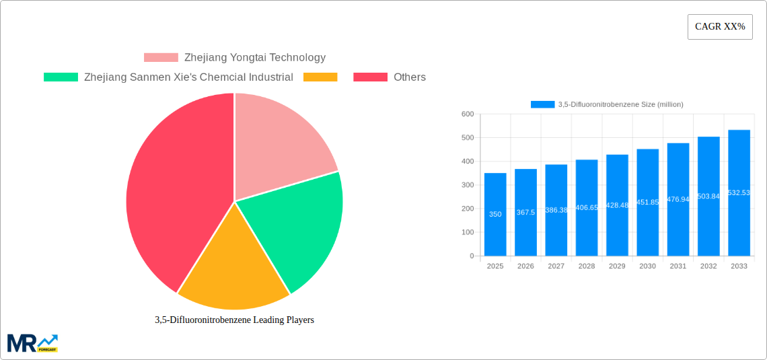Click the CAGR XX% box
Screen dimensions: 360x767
pos(720,27)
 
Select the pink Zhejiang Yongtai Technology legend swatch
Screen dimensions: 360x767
pos(161,58)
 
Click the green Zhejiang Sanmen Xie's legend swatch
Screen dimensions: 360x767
pos(61,77)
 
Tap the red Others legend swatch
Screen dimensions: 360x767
pos(370,77)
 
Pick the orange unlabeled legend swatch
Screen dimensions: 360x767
pos(320,77)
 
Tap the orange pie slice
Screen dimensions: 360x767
pos(232,269)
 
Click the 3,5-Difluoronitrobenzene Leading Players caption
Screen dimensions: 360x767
pos(234,320)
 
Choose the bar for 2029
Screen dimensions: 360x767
pos(617,205)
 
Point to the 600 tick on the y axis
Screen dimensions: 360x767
pos(468,114)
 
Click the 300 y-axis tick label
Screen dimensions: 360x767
pos(468,185)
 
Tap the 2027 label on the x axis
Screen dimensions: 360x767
pos(556,266)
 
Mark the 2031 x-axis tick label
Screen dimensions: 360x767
pos(678,266)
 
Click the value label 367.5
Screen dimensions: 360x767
pos(525,213)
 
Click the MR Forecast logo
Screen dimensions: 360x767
pos(32,343)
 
